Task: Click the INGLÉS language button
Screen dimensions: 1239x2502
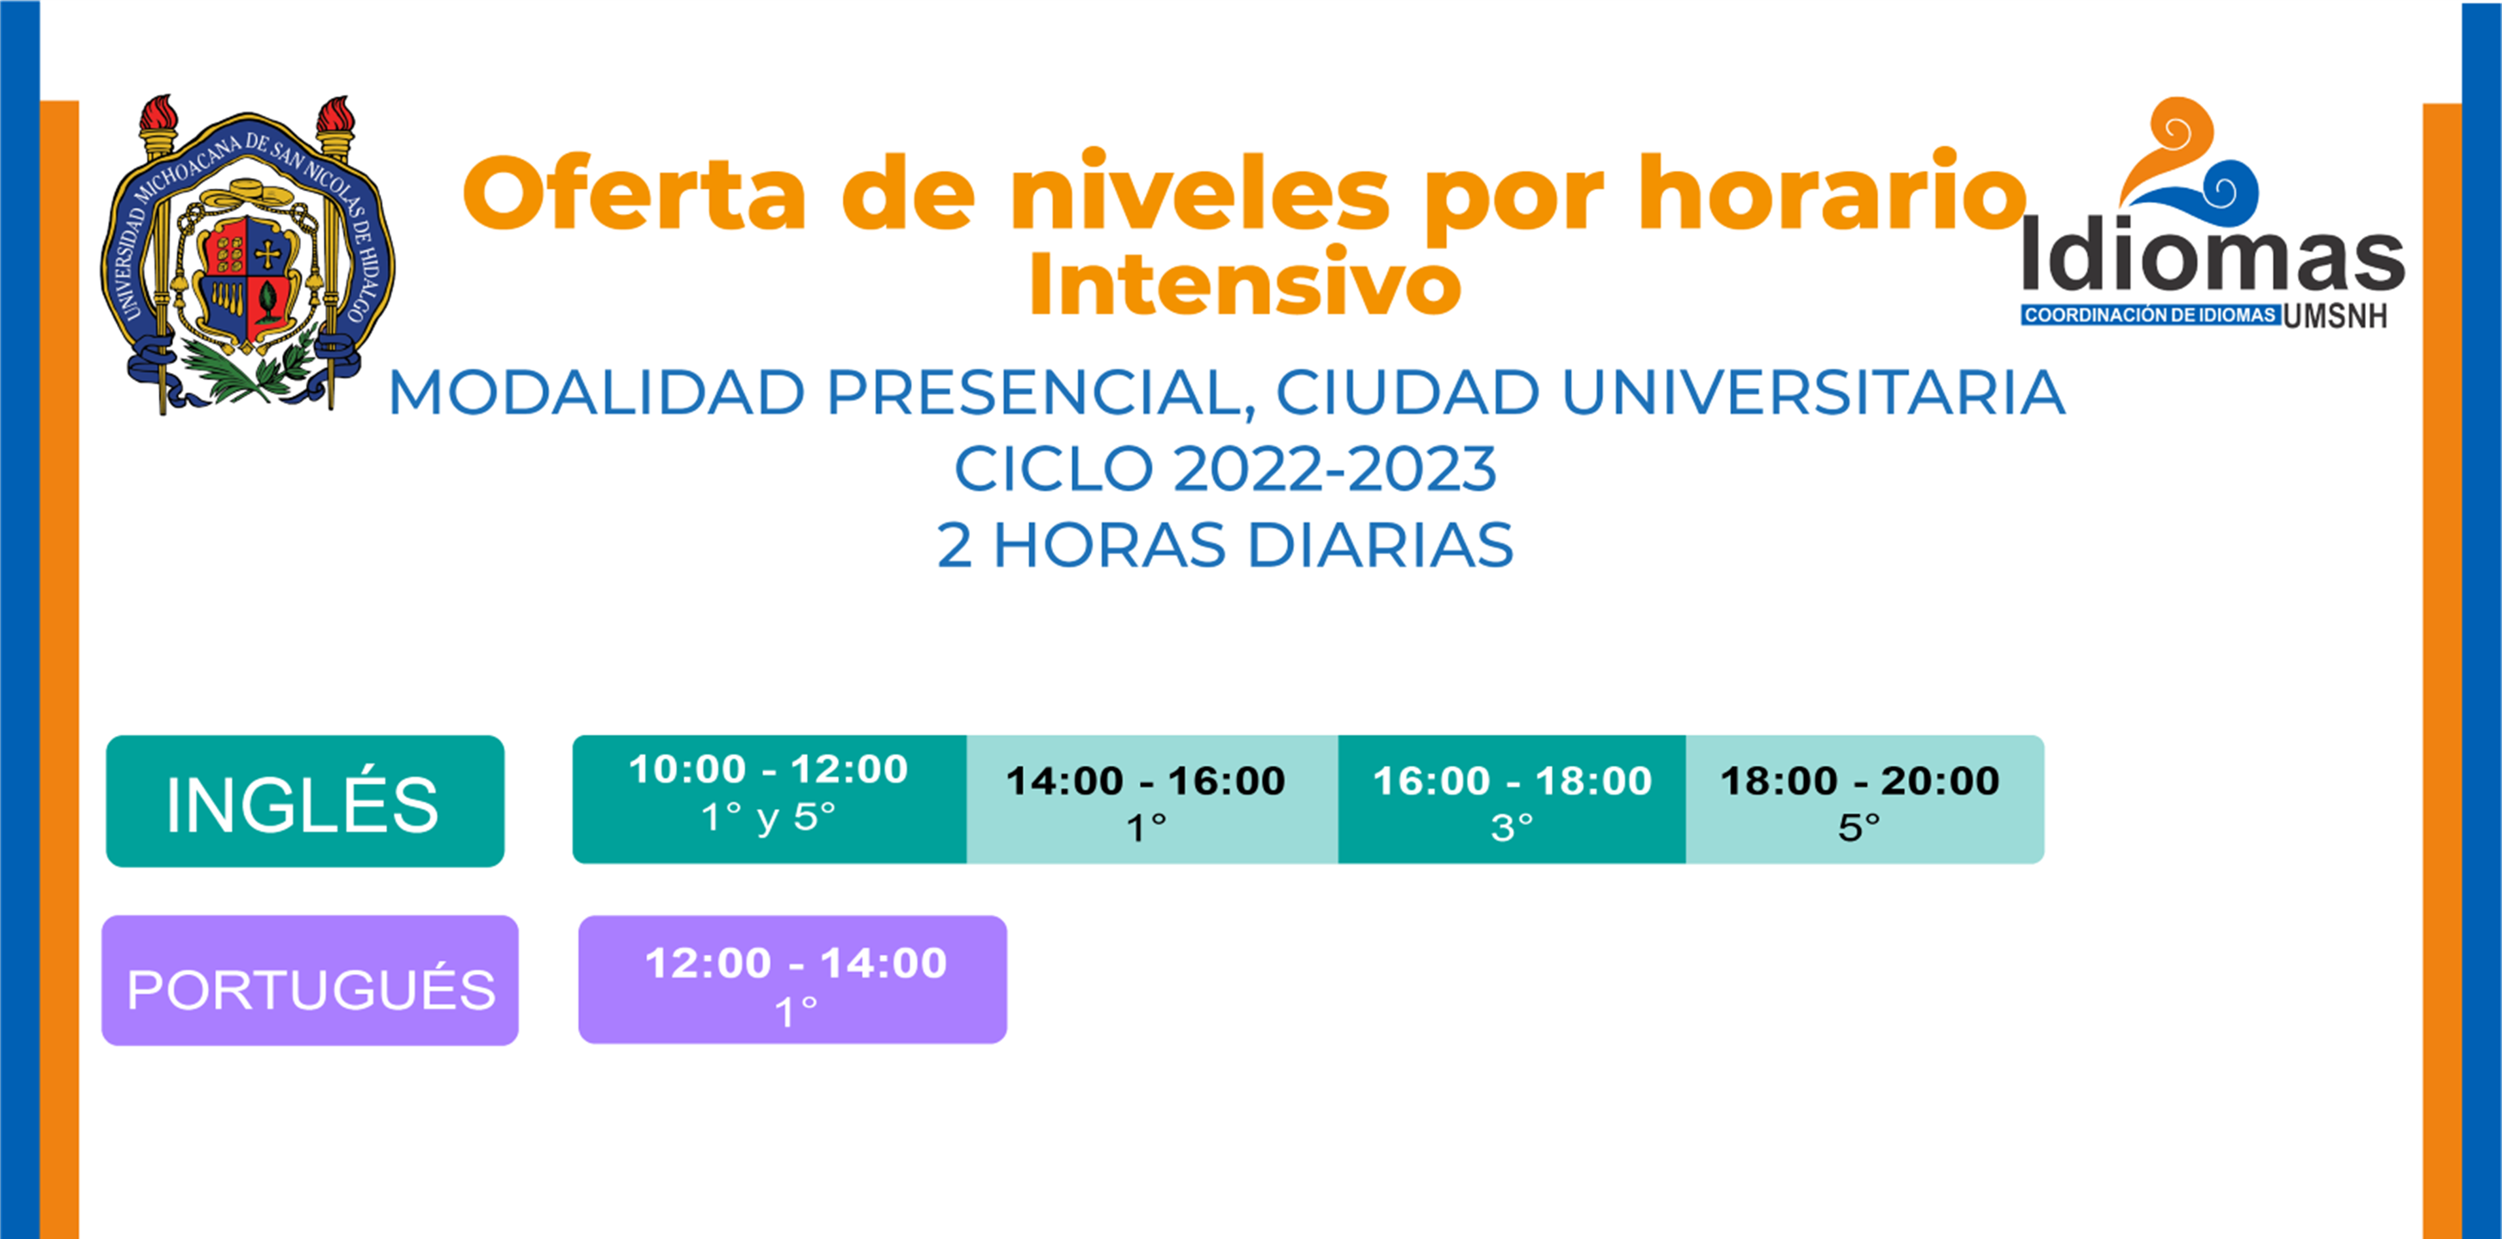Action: (x=304, y=801)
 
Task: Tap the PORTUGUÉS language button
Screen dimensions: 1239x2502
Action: (x=310, y=981)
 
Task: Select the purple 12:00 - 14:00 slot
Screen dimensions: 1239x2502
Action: (x=793, y=980)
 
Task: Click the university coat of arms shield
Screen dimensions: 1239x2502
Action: (x=248, y=281)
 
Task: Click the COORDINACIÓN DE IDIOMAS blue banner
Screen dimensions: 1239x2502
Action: (x=2150, y=315)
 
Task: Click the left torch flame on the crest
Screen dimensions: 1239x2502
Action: (x=158, y=114)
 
